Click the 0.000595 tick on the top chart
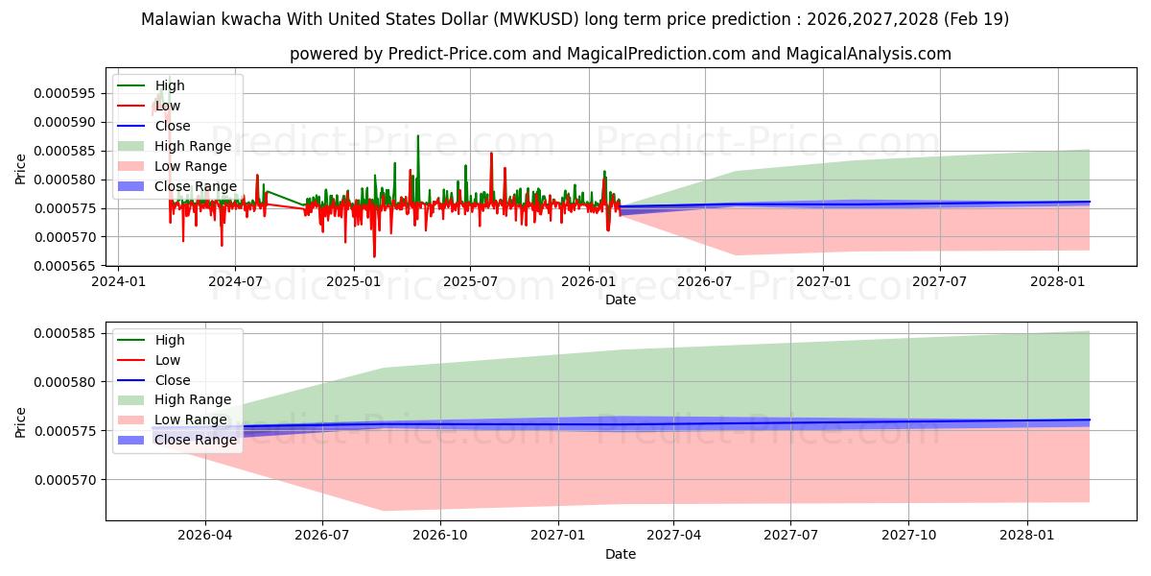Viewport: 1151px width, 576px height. [x=65, y=94]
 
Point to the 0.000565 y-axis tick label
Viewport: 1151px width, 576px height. [x=65, y=266]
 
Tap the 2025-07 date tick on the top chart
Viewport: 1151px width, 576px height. [x=470, y=282]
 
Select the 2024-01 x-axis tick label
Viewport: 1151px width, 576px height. [x=119, y=282]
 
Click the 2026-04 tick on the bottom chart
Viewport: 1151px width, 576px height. [x=205, y=536]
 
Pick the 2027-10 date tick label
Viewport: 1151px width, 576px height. [x=909, y=536]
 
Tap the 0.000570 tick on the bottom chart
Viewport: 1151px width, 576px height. [x=65, y=480]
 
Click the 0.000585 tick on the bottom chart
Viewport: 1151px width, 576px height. [x=65, y=333]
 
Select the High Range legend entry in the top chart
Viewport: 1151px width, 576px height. [x=175, y=146]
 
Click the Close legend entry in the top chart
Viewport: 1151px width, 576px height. [x=154, y=126]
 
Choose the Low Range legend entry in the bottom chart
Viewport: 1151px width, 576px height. [x=173, y=420]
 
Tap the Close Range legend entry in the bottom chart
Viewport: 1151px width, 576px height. [x=177, y=440]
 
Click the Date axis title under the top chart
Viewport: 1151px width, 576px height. [x=621, y=300]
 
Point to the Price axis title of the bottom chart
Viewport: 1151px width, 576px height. [x=20, y=422]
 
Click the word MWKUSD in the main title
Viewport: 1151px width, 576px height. [x=536, y=19]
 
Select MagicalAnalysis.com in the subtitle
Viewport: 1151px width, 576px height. [x=869, y=54]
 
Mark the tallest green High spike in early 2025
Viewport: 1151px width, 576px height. [x=418, y=135]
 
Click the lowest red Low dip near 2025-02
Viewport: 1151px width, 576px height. [x=374, y=256]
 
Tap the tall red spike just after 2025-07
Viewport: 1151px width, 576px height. [x=491, y=154]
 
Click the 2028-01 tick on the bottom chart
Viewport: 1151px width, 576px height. [x=1027, y=536]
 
